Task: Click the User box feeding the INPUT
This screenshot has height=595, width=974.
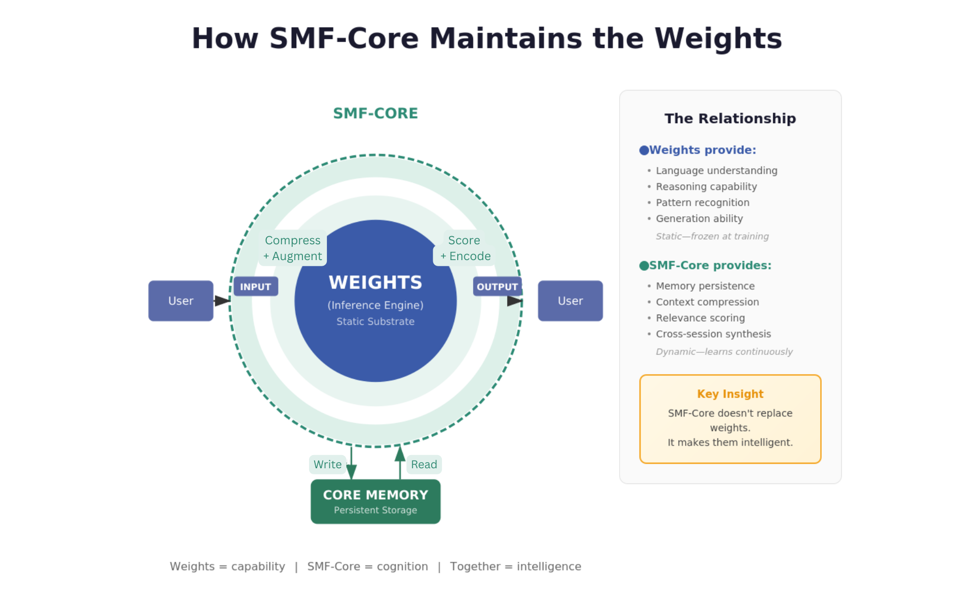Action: (180, 301)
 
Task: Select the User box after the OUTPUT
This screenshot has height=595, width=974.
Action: (570, 301)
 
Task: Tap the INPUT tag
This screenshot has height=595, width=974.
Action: (256, 287)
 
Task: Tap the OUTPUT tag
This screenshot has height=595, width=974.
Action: (497, 287)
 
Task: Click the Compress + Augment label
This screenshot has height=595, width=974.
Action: (293, 248)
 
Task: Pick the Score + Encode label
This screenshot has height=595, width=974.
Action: (464, 248)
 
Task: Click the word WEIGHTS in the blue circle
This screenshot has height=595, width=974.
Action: (375, 282)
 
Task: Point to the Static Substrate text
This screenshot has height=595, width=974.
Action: (375, 322)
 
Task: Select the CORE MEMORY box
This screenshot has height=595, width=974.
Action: (375, 501)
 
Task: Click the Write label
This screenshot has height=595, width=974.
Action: (327, 464)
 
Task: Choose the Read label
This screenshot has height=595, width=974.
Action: (424, 464)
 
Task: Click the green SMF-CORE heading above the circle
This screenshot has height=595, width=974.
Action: (375, 113)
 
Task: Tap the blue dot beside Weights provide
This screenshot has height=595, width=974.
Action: (644, 150)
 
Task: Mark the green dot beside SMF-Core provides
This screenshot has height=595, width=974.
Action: (644, 266)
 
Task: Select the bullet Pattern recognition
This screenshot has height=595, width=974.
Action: (702, 203)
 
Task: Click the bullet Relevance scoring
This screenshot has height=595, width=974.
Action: (700, 318)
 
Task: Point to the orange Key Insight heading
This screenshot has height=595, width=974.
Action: (730, 394)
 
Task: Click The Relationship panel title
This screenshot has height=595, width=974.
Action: (730, 119)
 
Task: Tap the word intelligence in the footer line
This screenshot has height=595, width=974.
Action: (548, 566)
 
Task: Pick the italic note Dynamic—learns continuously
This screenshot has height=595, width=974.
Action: (724, 352)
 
